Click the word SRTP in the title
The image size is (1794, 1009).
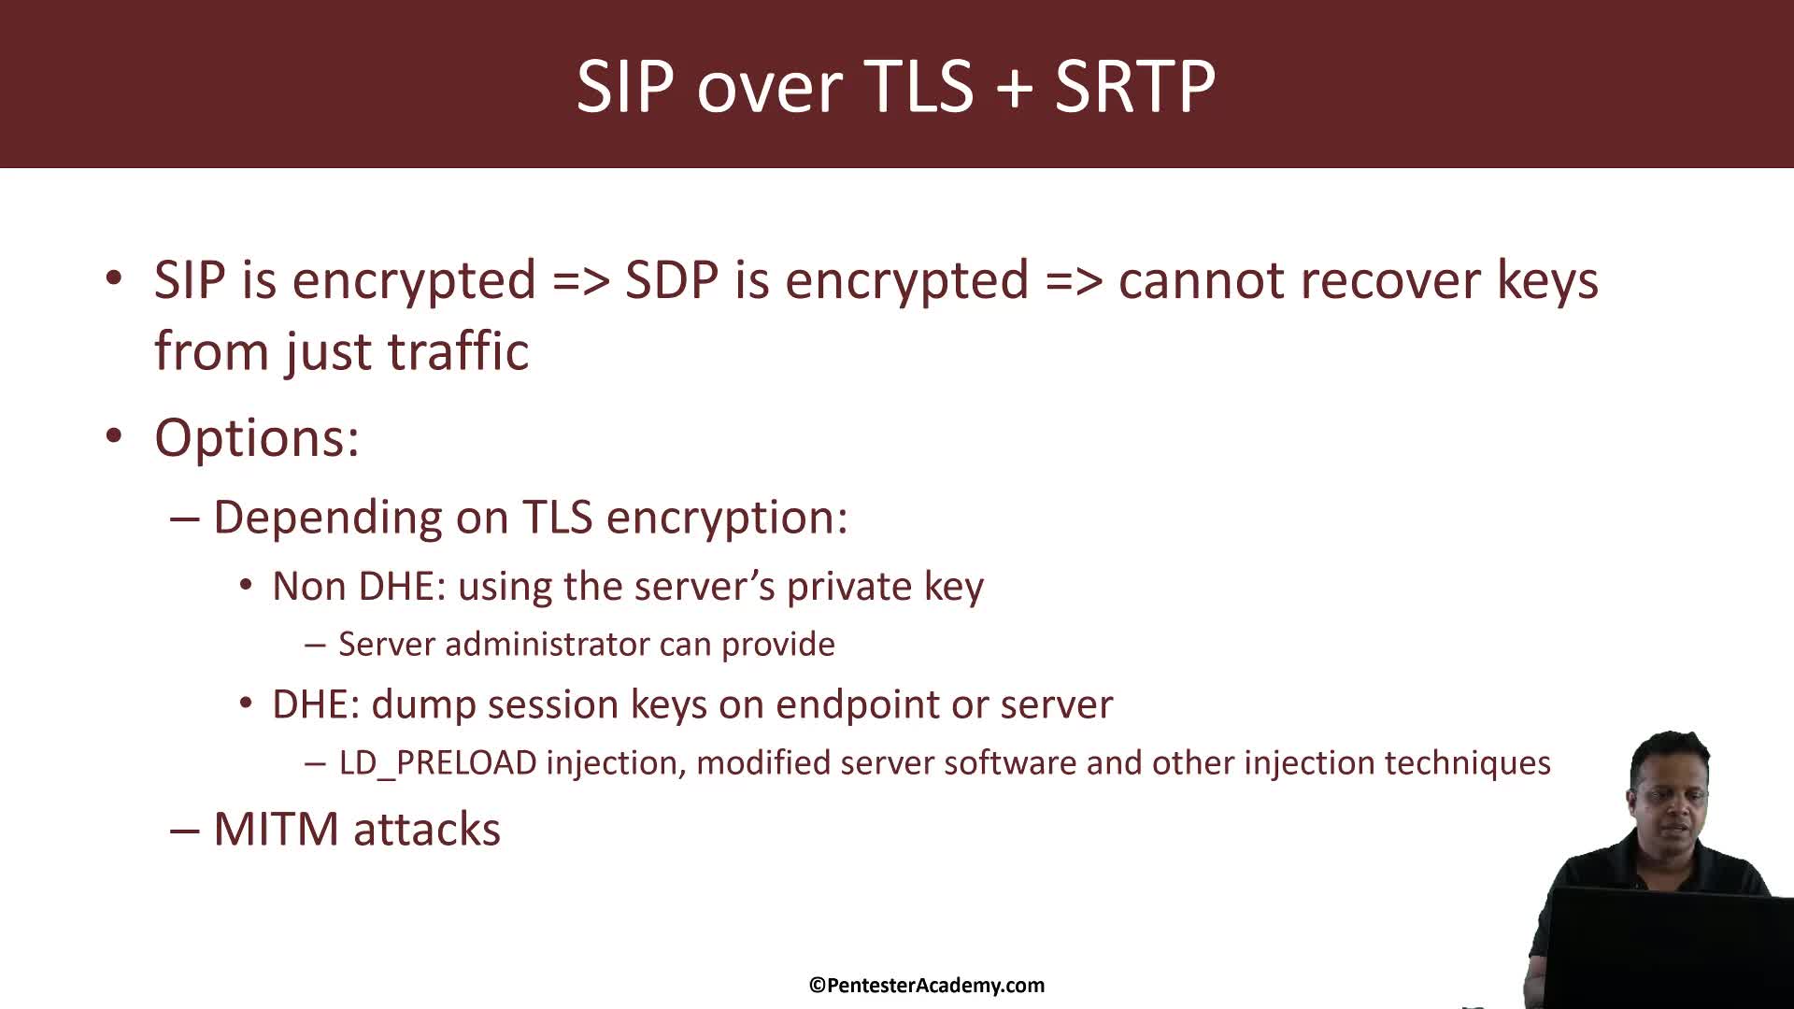pos(1134,86)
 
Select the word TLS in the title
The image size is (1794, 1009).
pos(920,86)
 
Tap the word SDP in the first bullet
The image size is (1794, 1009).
pos(673,279)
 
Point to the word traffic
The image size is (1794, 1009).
pos(458,351)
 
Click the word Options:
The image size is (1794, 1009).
pos(257,437)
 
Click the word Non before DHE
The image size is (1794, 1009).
pos(308,587)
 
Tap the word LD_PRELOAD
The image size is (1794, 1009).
pos(437,763)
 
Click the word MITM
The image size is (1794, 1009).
pos(276,830)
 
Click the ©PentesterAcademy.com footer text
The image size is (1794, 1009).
pos(927,985)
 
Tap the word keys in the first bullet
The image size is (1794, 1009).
pos(1547,279)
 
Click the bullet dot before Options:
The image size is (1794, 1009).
pos(114,436)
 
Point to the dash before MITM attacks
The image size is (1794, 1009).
pos(184,830)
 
